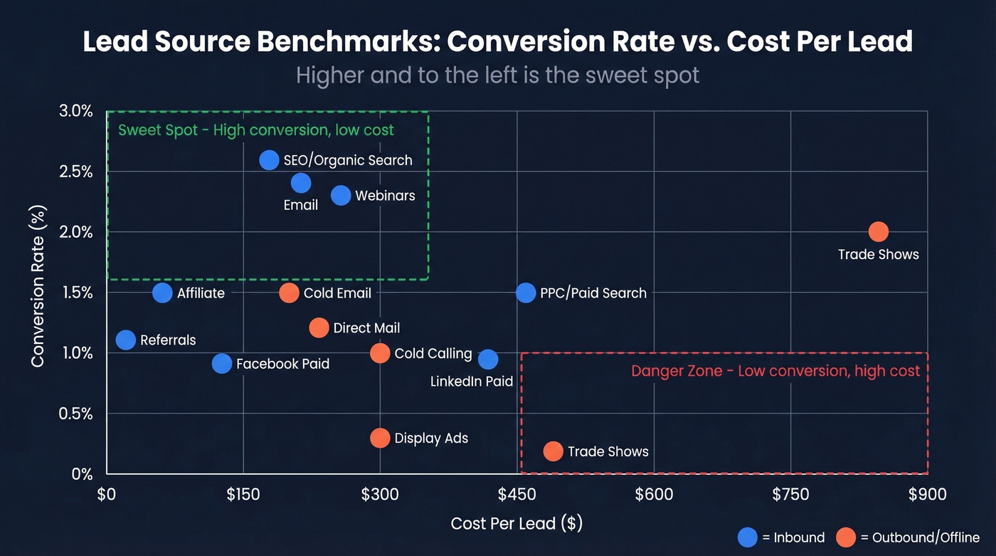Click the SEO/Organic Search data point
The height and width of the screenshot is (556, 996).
coord(269,160)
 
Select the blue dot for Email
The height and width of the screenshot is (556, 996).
coord(301,183)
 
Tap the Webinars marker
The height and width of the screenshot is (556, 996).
coord(341,195)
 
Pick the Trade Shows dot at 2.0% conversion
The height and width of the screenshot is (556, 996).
coord(879,232)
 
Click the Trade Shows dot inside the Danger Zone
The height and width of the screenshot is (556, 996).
coord(553,451)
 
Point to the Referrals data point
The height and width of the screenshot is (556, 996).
coord(126,340)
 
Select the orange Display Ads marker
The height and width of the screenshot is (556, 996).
coord(381,438)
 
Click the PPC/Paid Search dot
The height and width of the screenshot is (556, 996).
coord(526,293)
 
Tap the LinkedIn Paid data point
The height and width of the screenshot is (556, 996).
coord(488,360)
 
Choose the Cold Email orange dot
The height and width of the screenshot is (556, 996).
coord(289,293)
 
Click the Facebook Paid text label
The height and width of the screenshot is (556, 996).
coord(282,364)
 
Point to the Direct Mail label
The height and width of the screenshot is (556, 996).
coord(366,328)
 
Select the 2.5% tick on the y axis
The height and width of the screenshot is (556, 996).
coord(74,172)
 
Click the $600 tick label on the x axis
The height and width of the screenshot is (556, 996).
coord(654,495)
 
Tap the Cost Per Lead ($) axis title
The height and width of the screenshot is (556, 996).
coord(516,524)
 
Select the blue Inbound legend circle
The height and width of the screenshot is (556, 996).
coord(748,537)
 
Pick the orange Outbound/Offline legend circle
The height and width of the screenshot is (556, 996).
coord(846,537)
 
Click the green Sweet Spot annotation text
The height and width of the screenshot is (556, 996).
coord(256,130)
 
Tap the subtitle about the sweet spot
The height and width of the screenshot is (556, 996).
coord(497,75)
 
